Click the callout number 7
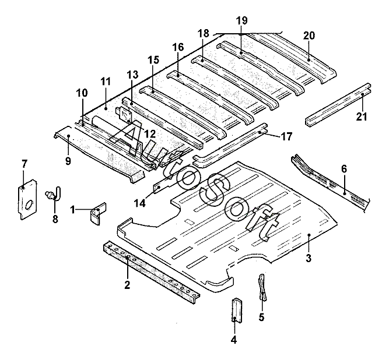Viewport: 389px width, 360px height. (x=24, y=164)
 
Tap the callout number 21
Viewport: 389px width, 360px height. (x=362, y=116)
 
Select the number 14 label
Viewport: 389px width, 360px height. (x=140, y=203)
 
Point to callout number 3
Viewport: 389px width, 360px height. (x=308, y=258)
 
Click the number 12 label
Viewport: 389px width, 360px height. (x=150, y=134)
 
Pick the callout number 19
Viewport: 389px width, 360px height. (x=241, y=20)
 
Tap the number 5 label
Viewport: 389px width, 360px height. (x=261, y=317)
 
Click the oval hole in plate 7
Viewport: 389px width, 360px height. (x=29, y=204)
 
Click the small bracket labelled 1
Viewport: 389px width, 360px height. (x=99, y=214)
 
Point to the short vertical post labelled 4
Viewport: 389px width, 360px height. (x=237, y=310)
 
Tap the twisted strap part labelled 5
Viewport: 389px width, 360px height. (x=262, y=287)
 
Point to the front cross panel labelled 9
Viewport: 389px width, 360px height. (x=99, y=154)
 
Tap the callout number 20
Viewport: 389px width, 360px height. (x=309, y=36)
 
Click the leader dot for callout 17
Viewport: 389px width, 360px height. (x=260, y=132)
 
